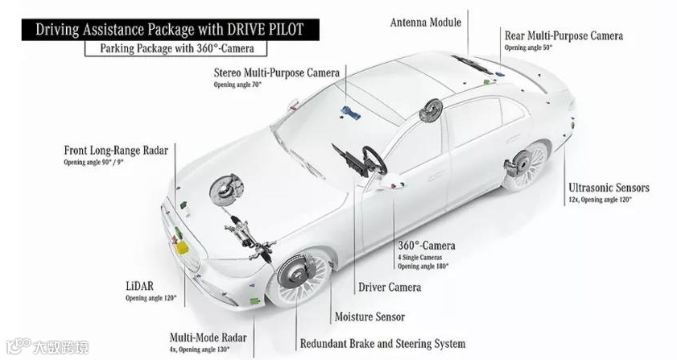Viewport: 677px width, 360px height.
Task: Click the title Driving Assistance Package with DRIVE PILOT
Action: pos(170,30)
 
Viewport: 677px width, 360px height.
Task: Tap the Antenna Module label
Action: pos(425,22)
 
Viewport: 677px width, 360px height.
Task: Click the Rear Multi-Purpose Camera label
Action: pos(563,35)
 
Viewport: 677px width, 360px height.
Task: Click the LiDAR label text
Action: pos(141,286)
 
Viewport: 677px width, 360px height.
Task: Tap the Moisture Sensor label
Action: pos(369,317)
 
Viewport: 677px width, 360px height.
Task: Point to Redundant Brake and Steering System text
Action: pos(382,343)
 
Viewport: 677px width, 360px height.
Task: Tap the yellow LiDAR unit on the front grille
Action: pos(184,243)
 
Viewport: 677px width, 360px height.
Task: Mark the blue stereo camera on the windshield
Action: pos(349,112)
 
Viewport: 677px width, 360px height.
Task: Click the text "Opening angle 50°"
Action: pos(528,48)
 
